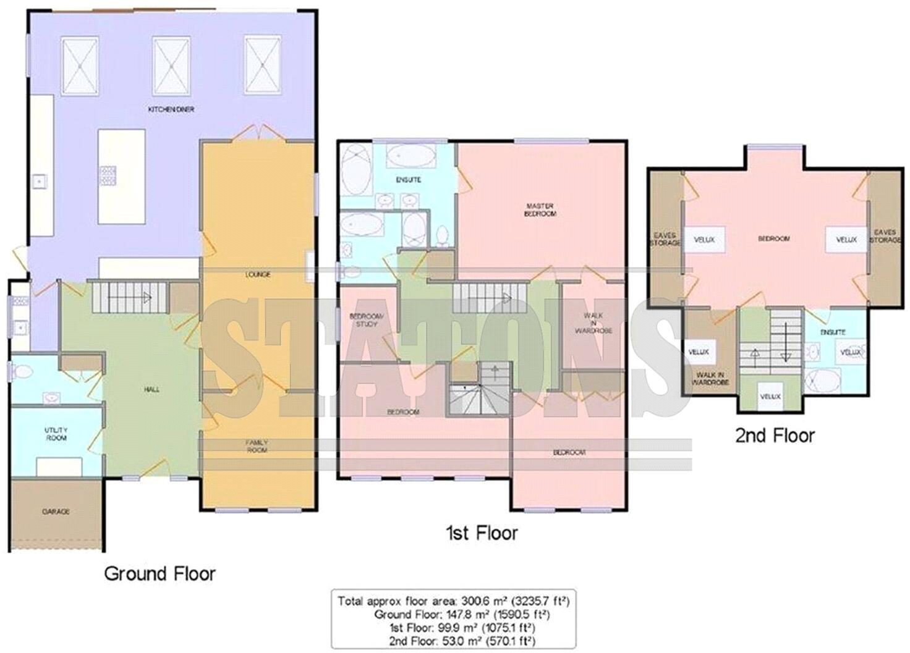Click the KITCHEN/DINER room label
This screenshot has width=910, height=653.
(x=171, y=109)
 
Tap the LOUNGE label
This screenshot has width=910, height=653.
(x=258, y=274)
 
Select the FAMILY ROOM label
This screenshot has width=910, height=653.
(x=257, y=446)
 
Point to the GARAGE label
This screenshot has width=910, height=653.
(x=56, y=512)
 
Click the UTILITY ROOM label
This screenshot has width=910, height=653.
(x=56, y=434)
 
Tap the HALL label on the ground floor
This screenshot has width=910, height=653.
(x=151, y=390)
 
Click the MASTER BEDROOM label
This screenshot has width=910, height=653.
(x=540, y=209)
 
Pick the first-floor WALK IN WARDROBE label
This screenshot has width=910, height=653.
(x=593, y=323)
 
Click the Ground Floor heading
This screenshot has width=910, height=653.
(x=159, y=574)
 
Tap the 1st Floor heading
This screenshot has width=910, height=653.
(x=482, y=533)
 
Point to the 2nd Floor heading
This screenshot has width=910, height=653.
(x=775, y=436)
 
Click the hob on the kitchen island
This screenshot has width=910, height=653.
(x=108, y=174)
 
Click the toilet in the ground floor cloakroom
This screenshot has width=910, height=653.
(x=23, y=373)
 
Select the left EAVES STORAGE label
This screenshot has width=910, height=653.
(x=665, y=238)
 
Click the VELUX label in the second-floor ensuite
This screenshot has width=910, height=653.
(x=851, y=352)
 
